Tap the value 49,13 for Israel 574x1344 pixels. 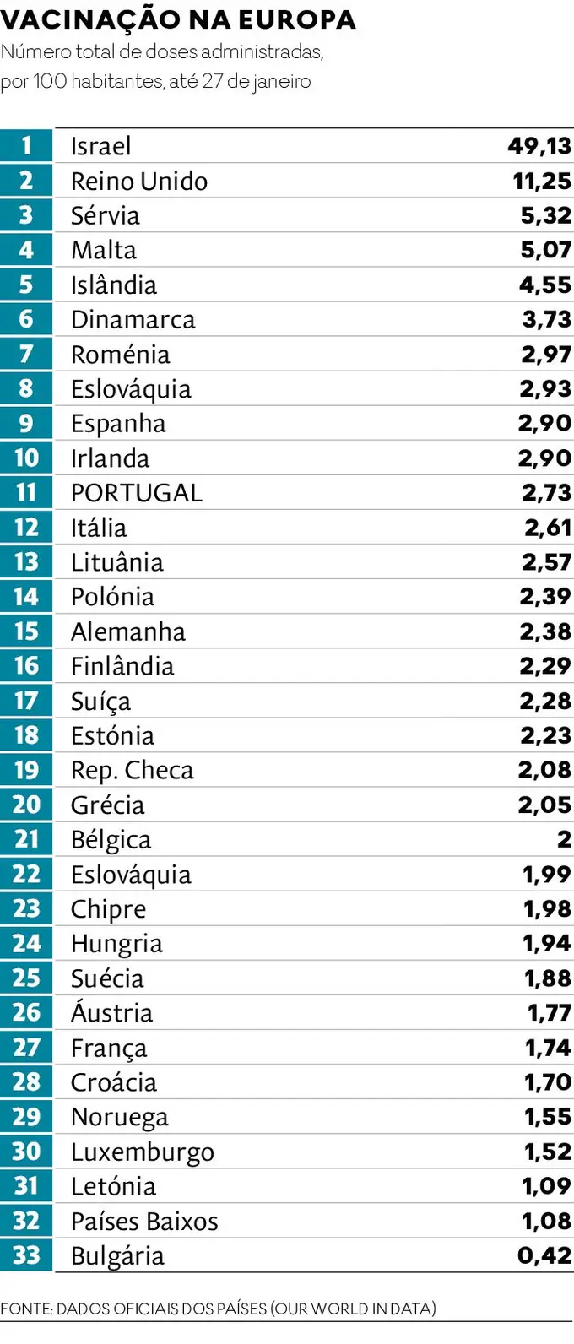pos(539,146)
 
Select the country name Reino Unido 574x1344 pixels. pos(139,181)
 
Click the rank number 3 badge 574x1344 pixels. pos(26,215)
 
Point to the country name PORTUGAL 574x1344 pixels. pos(137,493)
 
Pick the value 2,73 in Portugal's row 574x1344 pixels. pos(546,493)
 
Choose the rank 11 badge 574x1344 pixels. pos(26,493)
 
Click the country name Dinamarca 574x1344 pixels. pos(133,319)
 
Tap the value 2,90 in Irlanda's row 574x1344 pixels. pos(544,458)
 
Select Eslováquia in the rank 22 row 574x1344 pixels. pos(131,875)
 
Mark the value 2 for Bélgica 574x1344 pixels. pos(564,840)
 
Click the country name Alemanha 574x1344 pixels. pos(128,631)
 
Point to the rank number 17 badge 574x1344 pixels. pos(26,701)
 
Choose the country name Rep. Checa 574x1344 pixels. pos(132,770)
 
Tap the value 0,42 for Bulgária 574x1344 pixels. pos(544,1256)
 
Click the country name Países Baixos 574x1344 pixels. pos(144,1222)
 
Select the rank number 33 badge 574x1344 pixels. pos(26,1256)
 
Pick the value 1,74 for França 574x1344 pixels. pos(548,1048)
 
